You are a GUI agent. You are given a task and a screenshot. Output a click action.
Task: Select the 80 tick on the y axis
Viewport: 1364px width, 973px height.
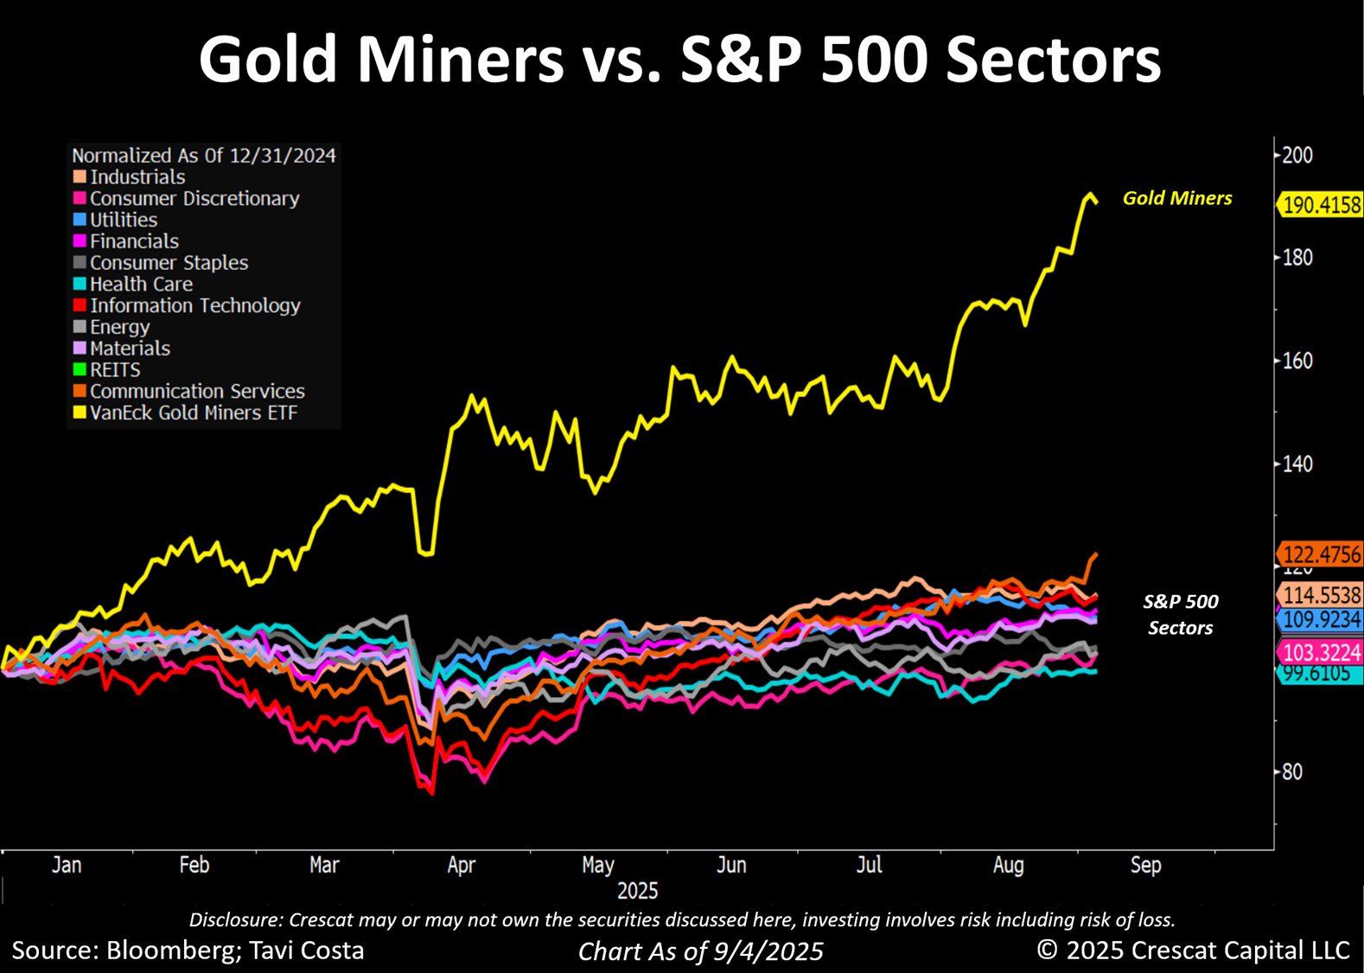pos(1291,771)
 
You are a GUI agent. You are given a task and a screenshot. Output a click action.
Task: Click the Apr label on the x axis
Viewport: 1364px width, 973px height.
pos(461,865)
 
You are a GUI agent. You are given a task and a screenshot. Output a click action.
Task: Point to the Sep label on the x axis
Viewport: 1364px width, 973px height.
pos(1146,865)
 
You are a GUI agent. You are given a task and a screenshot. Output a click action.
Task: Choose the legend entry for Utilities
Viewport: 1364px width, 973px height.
pos(124,220)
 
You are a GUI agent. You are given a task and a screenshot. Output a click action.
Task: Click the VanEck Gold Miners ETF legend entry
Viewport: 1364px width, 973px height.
pos(194,413)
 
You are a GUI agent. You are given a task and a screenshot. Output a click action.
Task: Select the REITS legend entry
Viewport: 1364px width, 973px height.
pos(115,370)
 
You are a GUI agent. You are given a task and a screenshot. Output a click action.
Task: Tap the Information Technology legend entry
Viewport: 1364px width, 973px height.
pos(195,305)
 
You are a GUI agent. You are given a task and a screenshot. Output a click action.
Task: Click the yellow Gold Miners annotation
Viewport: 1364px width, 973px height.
pos(1177,198)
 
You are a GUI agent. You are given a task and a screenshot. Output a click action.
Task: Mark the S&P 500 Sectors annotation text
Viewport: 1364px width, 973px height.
pos(1181,614)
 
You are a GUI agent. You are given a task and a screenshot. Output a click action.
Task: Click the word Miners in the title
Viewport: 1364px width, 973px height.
pos(459,61)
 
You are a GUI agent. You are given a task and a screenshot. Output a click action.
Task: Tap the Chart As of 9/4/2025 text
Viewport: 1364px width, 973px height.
pos(700,951)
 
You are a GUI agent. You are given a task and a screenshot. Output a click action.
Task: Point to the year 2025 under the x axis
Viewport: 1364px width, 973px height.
pos(638,891)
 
